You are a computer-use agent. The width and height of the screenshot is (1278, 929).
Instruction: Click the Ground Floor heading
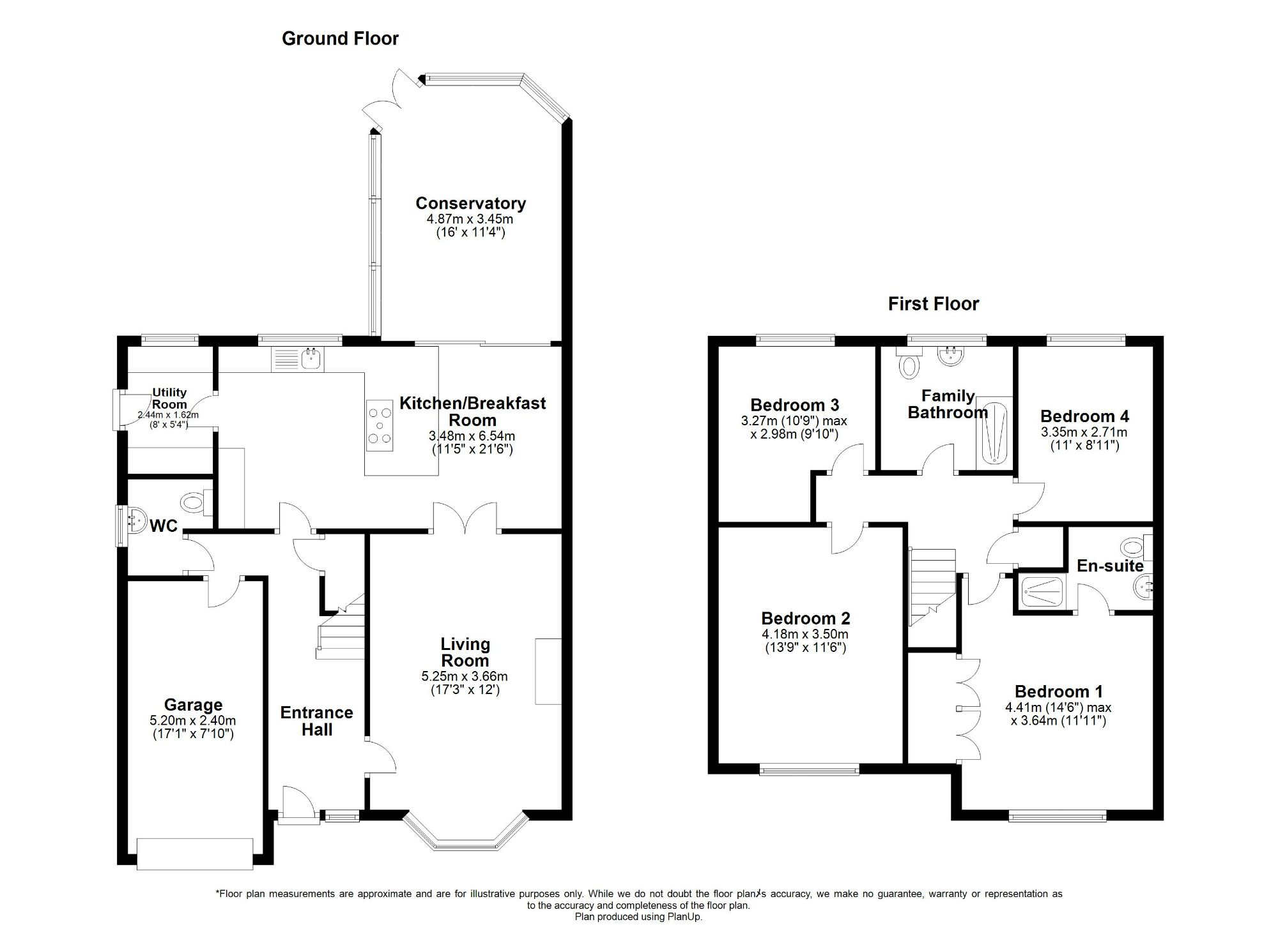[340, 39]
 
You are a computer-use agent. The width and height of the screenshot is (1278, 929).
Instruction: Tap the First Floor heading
[933, 304]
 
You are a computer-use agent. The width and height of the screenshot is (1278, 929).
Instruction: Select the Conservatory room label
[470, 204]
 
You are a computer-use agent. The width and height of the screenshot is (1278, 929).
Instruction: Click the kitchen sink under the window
[312, 359]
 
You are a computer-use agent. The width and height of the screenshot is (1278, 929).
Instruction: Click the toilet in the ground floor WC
[194, 502]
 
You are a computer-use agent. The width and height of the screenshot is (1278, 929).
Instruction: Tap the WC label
[164, 526]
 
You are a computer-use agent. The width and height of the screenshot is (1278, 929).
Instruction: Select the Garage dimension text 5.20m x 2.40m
[193, 720]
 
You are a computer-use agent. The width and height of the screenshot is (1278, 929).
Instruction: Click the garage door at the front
[195, 853]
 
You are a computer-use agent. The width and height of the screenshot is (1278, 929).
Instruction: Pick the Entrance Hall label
[316, 721]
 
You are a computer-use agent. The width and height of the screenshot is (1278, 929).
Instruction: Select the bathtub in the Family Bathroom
[994, 433]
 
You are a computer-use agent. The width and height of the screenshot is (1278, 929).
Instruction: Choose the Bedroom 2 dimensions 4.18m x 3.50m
[805, 634]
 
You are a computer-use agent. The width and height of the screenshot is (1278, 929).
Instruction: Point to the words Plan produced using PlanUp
[638, 917]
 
